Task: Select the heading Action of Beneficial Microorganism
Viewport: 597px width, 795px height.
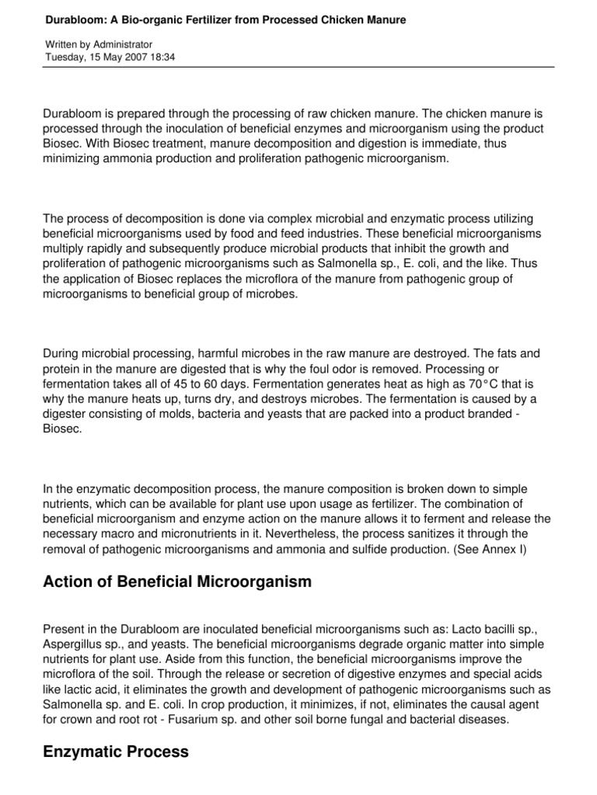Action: click(177, 582)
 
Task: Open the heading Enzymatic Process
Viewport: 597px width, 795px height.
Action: click(116, 752)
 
